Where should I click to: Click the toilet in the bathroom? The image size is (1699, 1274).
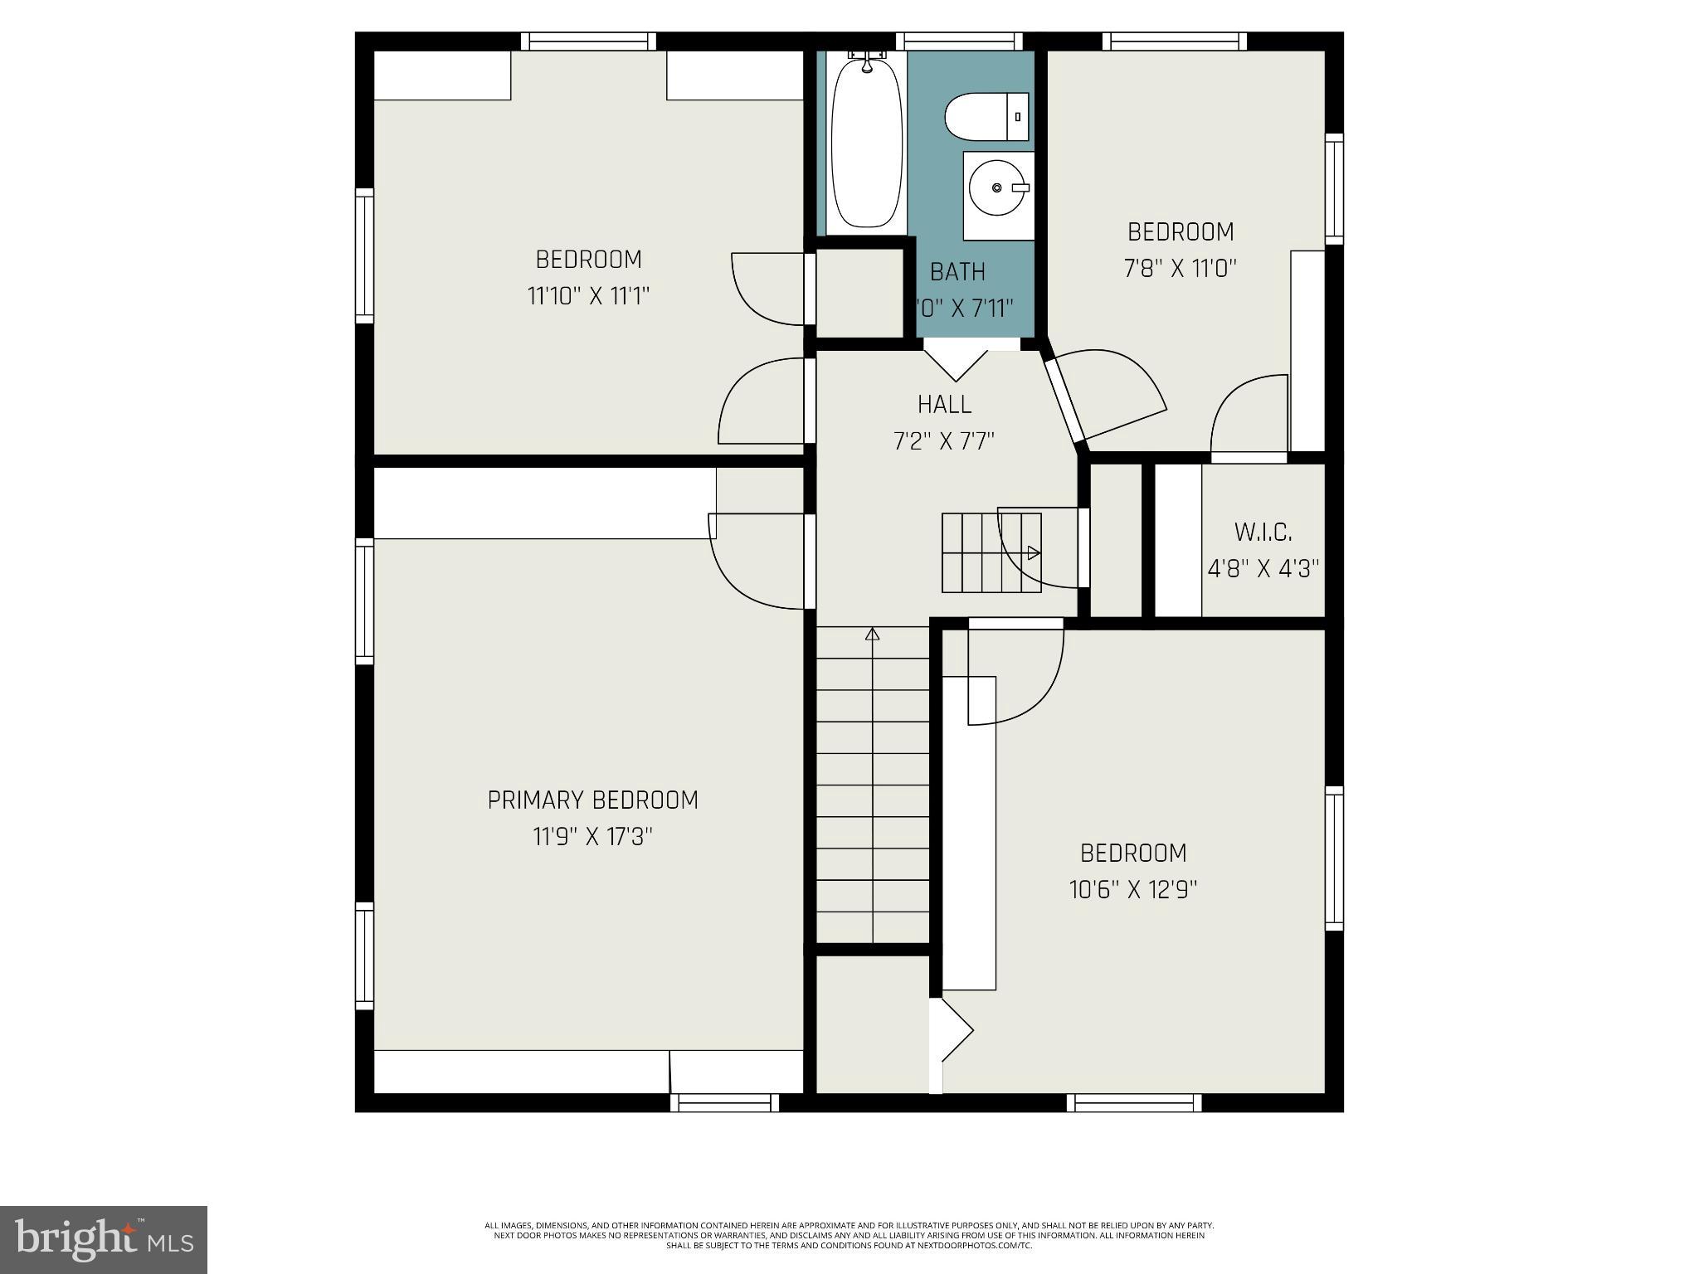pyautogui.click(x=986, y=117)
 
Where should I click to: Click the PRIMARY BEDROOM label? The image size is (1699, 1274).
pyautogui.click(x=592, y=800)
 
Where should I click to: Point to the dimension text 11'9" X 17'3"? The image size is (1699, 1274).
pyautogui.click(x=592, y=836)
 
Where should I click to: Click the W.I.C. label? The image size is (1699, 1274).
pyautogui.click(x=1263, y=532)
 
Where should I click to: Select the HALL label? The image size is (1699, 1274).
pyautogui.click(x=944, y=404)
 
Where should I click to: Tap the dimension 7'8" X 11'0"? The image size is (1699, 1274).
pyautogui.click(x=1181, y=268)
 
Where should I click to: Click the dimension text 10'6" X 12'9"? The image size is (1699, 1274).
pyautogui.click(x=1133, y=890)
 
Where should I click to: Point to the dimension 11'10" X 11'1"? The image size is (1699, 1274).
pyautogui.click(x=588, y=296)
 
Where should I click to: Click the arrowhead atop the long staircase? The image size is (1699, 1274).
pyautogui.click(x=872, y=635)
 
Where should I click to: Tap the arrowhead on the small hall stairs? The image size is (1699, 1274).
pyautogui.click(x=1034, y=552)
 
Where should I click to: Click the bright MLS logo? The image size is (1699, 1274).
pyautogui.click(x=104, y=1239)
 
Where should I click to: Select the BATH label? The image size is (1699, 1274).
pyautogui.click(x=957, y=271)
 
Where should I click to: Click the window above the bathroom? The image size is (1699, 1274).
pyautogui.click(x=959, y=40)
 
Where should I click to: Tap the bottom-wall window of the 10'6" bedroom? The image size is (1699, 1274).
pyautogui.click(x=1133, y=1102)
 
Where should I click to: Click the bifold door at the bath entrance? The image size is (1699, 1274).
pyautogui.click(x=956, y=362)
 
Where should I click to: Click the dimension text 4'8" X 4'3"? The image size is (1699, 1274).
pyautogui.click(x=1263, y=569)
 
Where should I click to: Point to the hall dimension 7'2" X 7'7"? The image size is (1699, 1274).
pyautogui.click(x=944, y=440)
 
